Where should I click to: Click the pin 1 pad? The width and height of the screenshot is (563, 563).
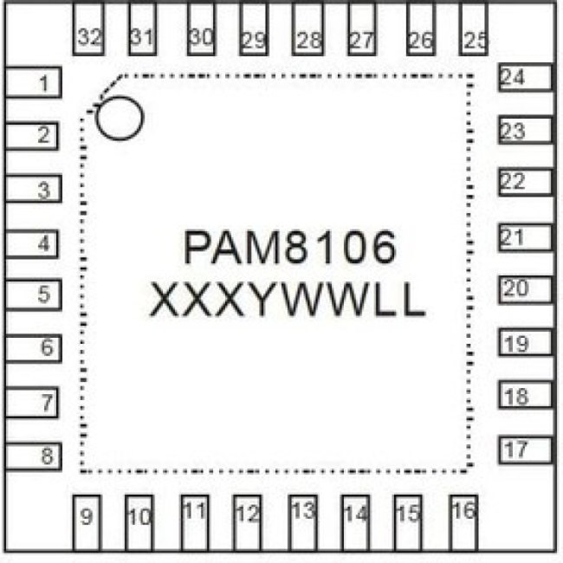point(33,82)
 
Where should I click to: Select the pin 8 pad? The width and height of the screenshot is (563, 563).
point(33,456)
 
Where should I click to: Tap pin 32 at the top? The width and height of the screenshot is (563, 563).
point(88,29)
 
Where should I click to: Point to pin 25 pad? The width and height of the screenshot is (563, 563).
point(474,29)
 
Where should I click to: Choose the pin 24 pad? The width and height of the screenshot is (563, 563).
point(526,77)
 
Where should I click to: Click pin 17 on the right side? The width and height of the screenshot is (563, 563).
point(526,450)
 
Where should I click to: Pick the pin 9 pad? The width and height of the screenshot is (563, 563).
point(87,523)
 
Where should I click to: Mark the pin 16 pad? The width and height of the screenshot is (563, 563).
point(463,523)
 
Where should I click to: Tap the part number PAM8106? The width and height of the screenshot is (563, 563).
point(290,247)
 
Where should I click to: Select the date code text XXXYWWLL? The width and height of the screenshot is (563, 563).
point(288,300)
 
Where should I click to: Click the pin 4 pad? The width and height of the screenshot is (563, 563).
point(31,243)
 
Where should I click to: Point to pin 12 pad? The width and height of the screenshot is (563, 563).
point(248,523)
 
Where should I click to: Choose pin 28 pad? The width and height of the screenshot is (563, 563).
point(307,29)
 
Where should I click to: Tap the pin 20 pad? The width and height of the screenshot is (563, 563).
point(526,289)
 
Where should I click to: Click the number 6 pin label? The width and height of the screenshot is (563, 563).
point(47,346)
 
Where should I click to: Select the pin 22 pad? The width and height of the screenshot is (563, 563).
point(526,182)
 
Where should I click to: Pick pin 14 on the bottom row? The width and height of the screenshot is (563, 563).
point(356,523)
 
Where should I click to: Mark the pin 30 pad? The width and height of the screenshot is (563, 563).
point(202,29)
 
